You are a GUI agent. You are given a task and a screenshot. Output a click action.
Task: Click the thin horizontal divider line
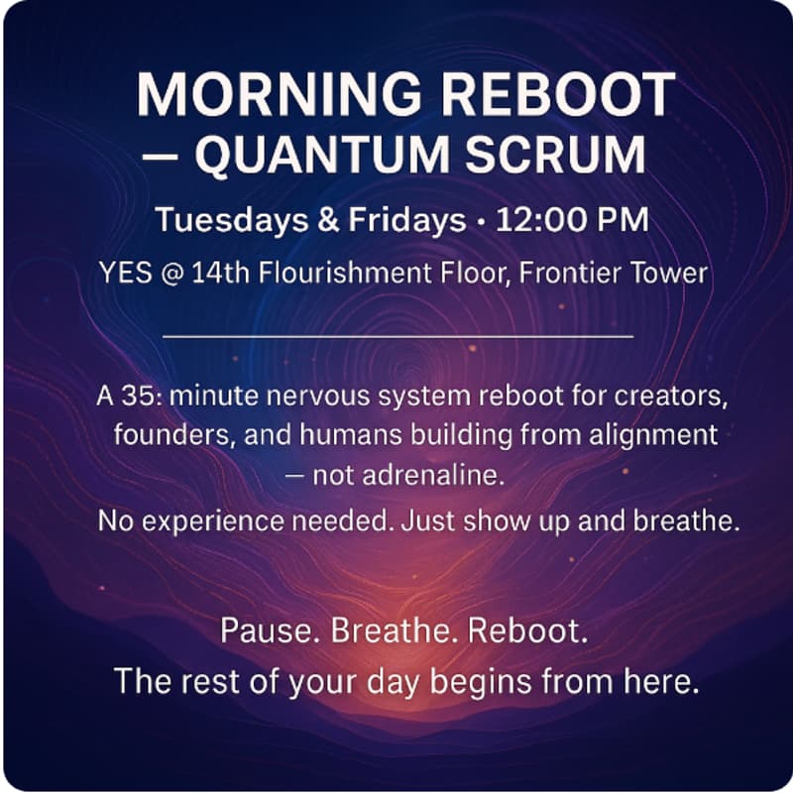(x=396, y=336)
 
